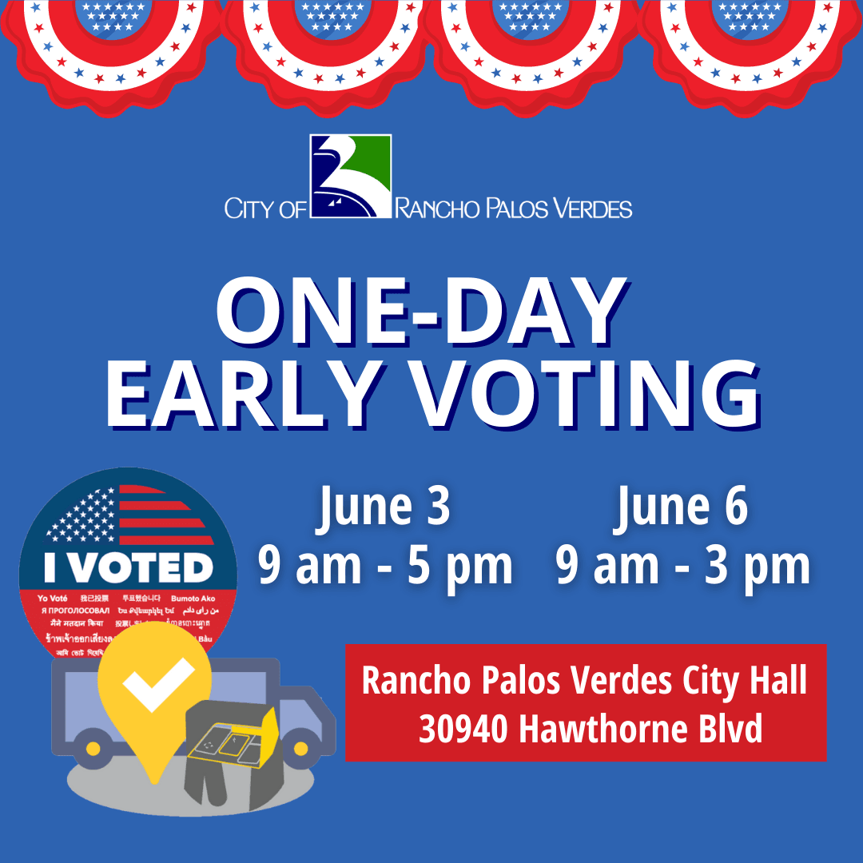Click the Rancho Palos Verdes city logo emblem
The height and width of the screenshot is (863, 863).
point(351,177)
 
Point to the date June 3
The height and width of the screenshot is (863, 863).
point(385,507)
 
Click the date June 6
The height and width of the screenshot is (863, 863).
point(682,507)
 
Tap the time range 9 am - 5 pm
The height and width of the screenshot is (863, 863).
point(385,566)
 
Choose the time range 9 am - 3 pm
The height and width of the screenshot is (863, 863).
point(683,566)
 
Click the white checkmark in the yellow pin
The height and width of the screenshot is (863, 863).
point(157,684)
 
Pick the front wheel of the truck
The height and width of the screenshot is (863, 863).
point(300,750)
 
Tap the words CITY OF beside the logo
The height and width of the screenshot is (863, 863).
point(265,209)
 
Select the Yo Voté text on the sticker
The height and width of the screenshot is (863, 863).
point(53,599)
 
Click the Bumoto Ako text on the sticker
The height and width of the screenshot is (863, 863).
point(193,599)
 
